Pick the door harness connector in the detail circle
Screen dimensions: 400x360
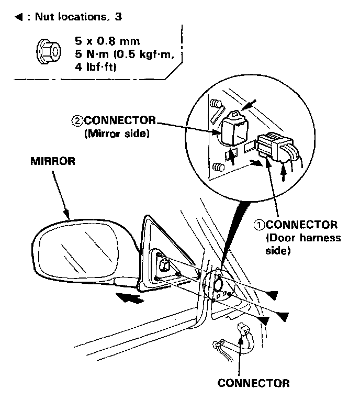coord(274,142)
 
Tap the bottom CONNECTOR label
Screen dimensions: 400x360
coord(253,382)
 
